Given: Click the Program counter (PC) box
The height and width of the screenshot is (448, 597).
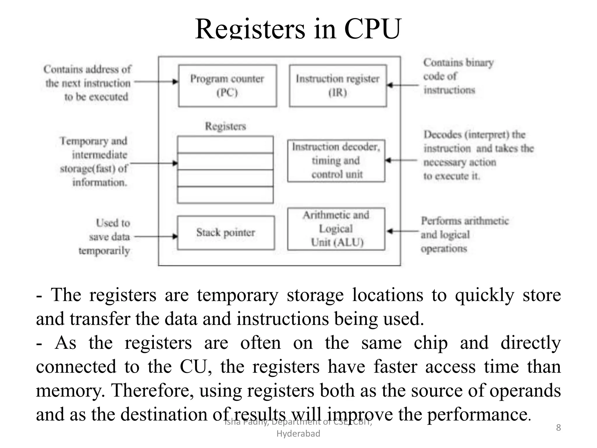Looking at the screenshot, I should click(227, 85).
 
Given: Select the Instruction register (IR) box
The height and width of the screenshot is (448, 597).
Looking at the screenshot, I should click(338, 85).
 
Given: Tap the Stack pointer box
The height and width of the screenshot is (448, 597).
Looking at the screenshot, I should click(226, 232).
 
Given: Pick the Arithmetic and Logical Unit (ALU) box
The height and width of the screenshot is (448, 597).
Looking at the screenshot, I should click(336, 229).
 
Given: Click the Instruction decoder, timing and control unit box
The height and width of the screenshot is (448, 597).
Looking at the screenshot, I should click(336, 161).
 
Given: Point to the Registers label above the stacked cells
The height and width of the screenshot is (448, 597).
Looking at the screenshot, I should click(225, 126).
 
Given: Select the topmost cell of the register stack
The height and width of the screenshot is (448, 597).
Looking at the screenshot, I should click(225, 145).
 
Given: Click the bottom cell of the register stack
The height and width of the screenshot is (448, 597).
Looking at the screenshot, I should click(225, 195).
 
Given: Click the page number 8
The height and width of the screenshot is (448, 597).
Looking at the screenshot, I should click(558, 428).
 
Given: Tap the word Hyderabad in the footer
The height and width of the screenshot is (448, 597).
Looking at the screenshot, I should click(298, 434).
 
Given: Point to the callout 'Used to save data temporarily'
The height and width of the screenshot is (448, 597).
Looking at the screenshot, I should click(108, 237).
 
